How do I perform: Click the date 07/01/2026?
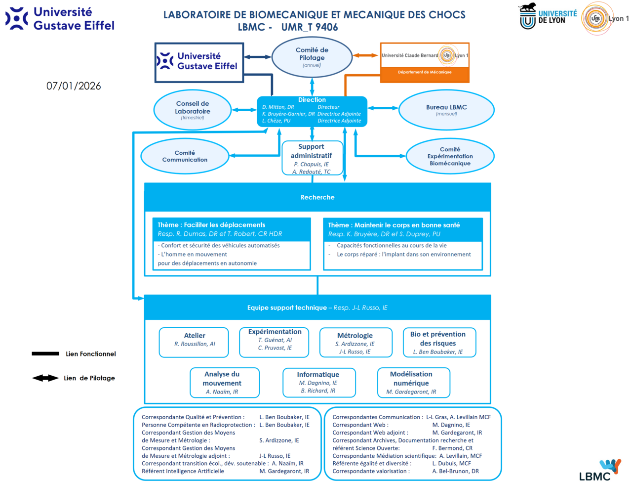coord(74,86)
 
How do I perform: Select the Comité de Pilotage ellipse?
coord(312,57)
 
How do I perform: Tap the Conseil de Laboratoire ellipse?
coord(193,110)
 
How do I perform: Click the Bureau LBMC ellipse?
coord(446,110)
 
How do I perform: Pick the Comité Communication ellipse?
coord(185,156)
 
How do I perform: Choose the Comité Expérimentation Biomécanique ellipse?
coord(450,156)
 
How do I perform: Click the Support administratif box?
coord(312,158)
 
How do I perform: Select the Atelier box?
coord(194,342)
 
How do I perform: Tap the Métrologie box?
coord(355,342)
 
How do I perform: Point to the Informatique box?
coord(318,382)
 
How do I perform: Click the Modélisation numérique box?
coord(413,382)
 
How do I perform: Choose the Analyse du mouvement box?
coord(225,382)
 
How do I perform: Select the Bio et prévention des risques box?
coord(439,342)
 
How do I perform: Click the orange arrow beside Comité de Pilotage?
coord(366,55)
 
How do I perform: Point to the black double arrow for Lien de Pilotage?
coord(45,378)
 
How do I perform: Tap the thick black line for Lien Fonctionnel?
coord(45,353)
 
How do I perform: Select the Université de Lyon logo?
coord(548,16)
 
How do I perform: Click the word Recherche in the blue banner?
coord(317,197)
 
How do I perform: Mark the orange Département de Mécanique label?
coord(425,72)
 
